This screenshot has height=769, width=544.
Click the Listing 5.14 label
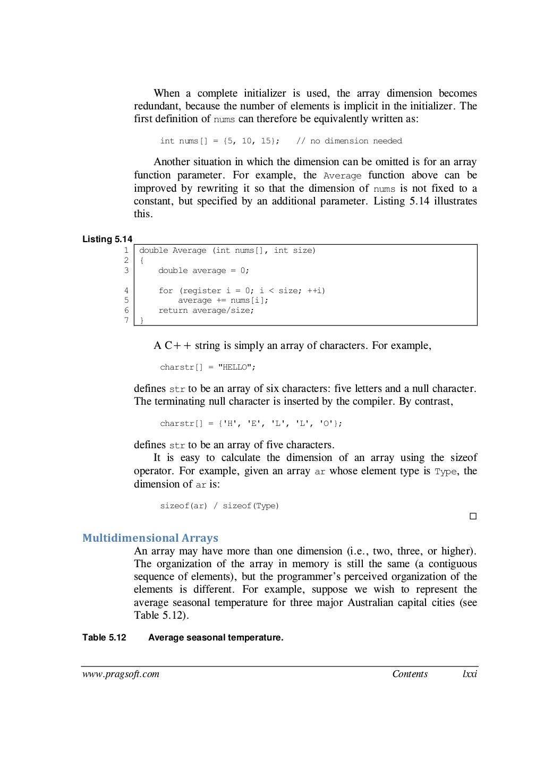pos(107,239)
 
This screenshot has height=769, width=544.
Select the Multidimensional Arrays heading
pos(150,538)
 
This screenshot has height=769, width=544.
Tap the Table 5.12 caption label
pos(104,637)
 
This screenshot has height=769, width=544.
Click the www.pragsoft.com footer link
pos(121,674)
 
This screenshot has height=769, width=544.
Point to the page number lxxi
pos(470,674)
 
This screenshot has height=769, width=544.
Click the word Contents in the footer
pos(410,674)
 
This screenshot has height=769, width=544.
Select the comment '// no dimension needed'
pos(349,141)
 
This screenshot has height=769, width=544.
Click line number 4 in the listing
pos(126,290)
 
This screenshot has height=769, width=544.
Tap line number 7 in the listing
pos(126,320)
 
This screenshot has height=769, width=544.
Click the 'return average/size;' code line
pos(206,310)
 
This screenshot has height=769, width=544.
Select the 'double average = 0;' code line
pos(203,270)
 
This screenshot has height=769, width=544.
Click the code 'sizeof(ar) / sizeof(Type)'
pos(219,506)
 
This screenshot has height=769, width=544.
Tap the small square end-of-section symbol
pos(473,516)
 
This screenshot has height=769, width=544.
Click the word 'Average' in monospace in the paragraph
pos(342,176)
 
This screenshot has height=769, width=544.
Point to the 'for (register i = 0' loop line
pos(242,290)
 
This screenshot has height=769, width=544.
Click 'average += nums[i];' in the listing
pos(223,300)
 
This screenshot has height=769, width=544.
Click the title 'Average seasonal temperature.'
pos(216,637)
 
